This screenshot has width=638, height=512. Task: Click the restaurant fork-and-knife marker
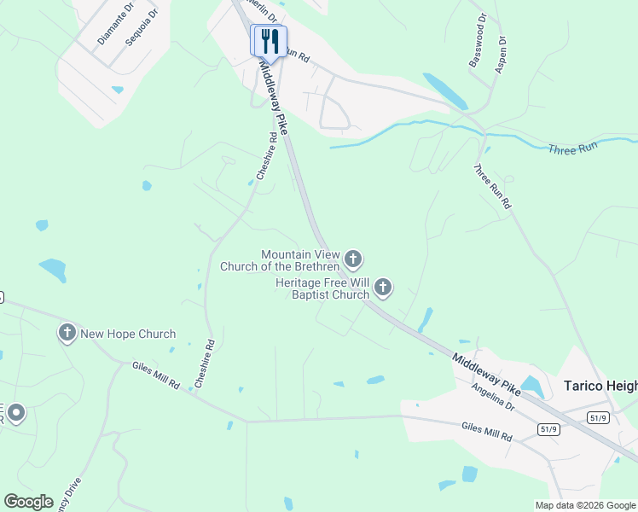tap(269, 40)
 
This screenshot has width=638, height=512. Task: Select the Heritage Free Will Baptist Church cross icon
tap(383, 288)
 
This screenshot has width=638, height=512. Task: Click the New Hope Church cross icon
tap(67, 333)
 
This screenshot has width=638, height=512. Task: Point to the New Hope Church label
tap(128, 335)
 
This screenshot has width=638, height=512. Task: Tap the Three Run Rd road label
tap(492, 186)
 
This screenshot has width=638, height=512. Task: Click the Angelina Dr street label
tap(493, 397)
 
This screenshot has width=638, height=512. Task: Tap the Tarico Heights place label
tap(600, 386)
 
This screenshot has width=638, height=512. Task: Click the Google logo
tap(28, 501)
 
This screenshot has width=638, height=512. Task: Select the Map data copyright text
tap(585, 505)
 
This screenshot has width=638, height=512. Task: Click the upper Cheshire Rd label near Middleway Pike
tap(267, 156)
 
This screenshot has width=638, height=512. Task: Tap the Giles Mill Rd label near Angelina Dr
tap(486, 431)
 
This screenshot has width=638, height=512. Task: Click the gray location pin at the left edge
tap(14, 414)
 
